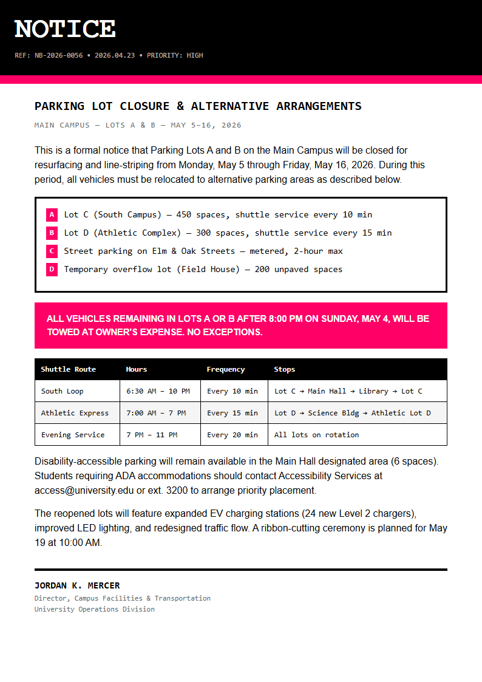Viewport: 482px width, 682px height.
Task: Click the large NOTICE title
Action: click(65, 29)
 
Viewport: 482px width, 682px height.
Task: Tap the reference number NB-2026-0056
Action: click(59, 55)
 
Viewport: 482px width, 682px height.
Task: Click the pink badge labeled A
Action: click(52, 214)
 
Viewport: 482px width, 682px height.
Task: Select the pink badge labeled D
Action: click(52, 269)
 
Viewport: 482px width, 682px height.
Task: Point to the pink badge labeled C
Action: click(52, 251)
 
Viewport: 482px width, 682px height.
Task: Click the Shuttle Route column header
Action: click(68, 369)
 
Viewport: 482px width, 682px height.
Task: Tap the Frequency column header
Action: click(225, 369)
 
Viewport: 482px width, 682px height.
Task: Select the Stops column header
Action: click(284, 369)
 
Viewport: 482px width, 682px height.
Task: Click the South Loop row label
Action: click(62, 391)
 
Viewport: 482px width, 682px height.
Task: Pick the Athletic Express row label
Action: click(75, 413)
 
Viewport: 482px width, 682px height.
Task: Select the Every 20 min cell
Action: click(232, 435)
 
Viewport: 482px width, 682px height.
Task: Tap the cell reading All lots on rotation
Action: click(316, 435)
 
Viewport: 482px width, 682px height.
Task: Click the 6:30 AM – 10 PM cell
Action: click(158, 391)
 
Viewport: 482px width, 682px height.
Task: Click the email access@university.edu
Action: click(84, 490)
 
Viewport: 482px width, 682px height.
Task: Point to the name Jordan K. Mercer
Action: click(77, 585)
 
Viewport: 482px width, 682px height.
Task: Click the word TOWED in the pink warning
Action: click(63, 332)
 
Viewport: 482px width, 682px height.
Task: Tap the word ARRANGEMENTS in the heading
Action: click(319, 106)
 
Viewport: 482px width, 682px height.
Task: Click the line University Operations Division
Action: click(94, 609)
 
